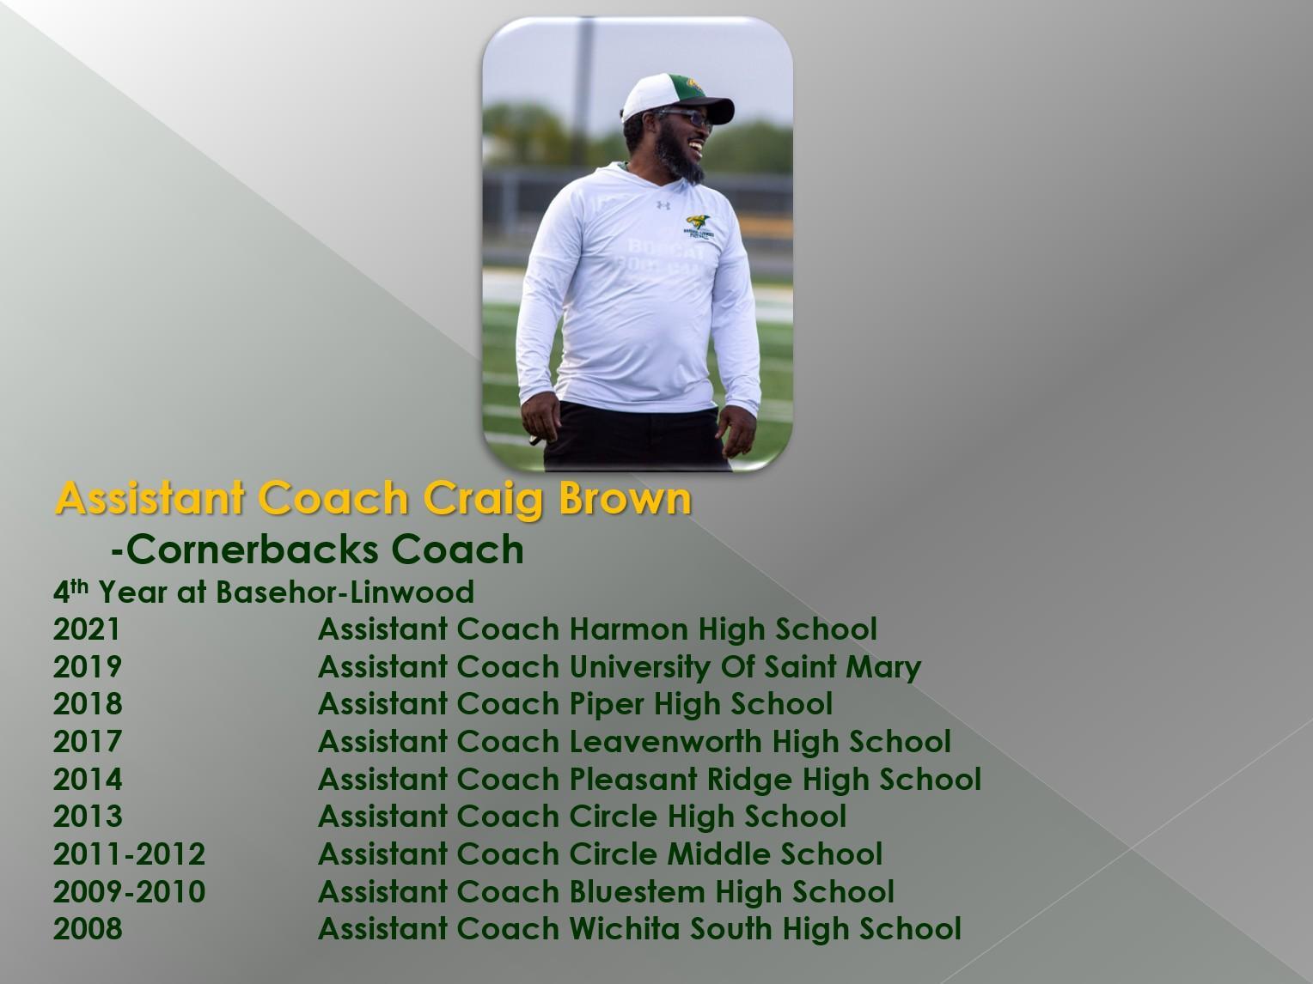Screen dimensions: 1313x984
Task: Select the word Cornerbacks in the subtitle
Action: pyautogui.click(x=253, y=550)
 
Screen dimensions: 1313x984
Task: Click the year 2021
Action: pyautogui.click(x=87, y=629)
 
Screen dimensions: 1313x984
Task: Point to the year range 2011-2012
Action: pyautogui.click(x=129, y=853)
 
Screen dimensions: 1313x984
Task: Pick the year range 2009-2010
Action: pyautogui.click(x=129, y=891)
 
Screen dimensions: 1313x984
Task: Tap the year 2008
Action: pyautogui.click(x=88, y=928)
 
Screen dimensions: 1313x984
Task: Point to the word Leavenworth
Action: pyautogui.click(x=664, y=742)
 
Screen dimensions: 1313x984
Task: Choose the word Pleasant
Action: pyautogui.click(x=633, y=779)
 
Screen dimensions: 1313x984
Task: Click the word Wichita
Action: pyautogui.click(x=625, y=928)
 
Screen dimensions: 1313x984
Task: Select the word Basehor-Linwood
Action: pyautogui.click(x=345, y=592)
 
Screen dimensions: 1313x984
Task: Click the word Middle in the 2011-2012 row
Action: pyautogui.click(x=718, y=853)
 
